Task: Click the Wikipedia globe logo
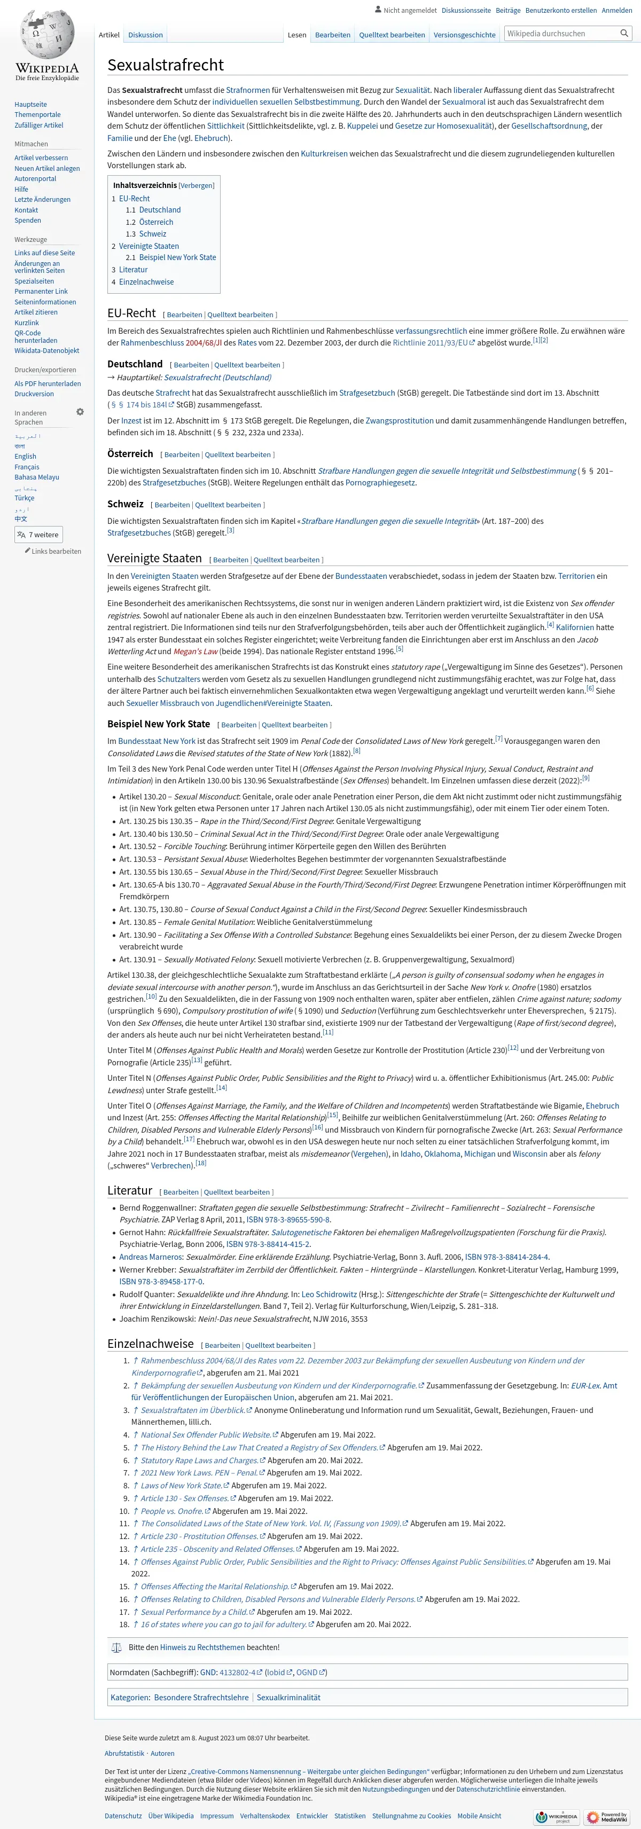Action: pyautogui.click(x=47, y=35)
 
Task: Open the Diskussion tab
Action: pyautogui.click(x=145, y=35)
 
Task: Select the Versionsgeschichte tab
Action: pyautogui.click(x=464, y=35)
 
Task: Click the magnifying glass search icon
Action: pyautogui.click(x=624, y=33)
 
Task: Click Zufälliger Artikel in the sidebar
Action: pyautogui.click(x=39, y=125)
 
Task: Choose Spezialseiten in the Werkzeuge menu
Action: pyautogui.click(x=34, y=281)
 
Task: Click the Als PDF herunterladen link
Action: pyautogui.click(x=48, y=383)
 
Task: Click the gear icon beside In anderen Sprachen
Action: pyautogui.click(x=80, y=412)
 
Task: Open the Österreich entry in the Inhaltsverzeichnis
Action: pyautogui.click(x=156, y=222)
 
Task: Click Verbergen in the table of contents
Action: pyautogui.click(x=197, y=185)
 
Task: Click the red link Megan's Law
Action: pyautogui.click(x=195, y=651)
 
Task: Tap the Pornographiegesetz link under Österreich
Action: pyautogui.click(x=380, y=483)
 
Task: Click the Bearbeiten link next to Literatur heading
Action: pyautogui.click(x=181, y=1192)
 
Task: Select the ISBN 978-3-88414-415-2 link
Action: pyautogui.click(x=268, y=1244)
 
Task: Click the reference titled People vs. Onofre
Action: pyautogui.click(x=172, y=1511)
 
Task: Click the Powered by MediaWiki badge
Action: pyautogui.click(x=607, y=1817)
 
